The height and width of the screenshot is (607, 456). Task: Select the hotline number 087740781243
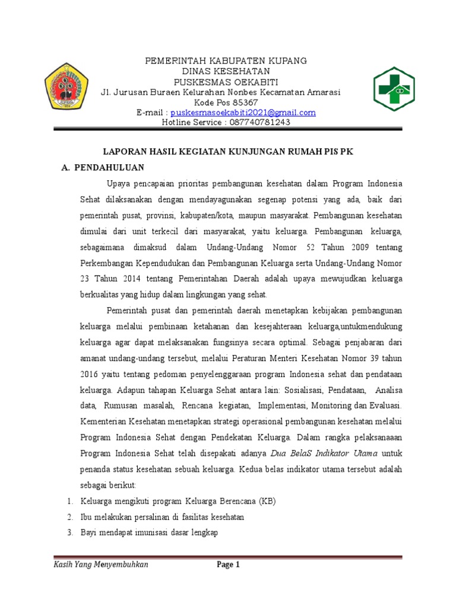(259, 122)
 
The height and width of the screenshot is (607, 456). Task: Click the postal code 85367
(237, 103)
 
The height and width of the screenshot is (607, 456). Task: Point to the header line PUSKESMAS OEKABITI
(226, 82)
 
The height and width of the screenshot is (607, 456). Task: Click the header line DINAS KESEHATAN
(226, 72)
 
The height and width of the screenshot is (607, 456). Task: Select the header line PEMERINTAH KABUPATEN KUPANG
(226, 62)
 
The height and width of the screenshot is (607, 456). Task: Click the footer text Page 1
(228, 565)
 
